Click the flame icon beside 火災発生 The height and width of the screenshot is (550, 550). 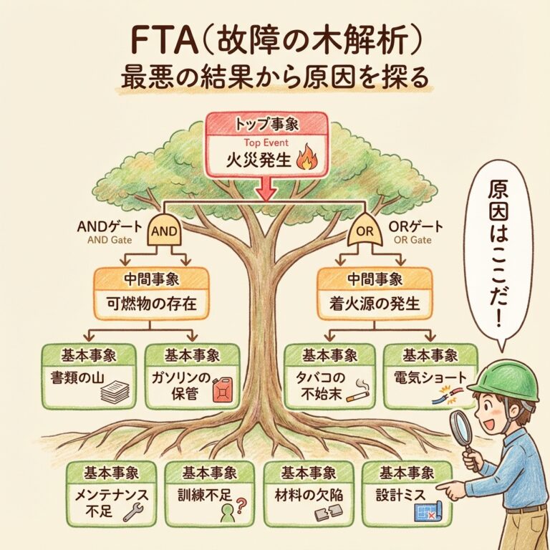[x=307, y=158]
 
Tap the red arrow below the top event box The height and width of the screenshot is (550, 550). [x=266, y=188]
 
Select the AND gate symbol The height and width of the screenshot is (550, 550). [x=164, y=229]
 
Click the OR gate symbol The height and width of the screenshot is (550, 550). [x=365, y=229]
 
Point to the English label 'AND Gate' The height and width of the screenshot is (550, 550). [x=110, y=241]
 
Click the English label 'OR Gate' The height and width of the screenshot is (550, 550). [x=412, y=240]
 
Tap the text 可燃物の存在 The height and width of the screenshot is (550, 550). [x=152, y=304]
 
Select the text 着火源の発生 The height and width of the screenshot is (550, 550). [x=375, y=304]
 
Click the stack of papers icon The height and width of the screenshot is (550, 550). [x=115, y=392]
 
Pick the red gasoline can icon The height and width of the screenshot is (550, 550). [x=223, y=390]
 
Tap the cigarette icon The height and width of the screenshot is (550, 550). [x=357, y=391]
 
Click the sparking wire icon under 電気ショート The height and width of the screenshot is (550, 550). [x=444, y=395]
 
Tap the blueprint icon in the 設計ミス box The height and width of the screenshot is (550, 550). [x=429, y=512]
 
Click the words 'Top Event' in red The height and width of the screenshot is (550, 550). [x=266, y=143]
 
